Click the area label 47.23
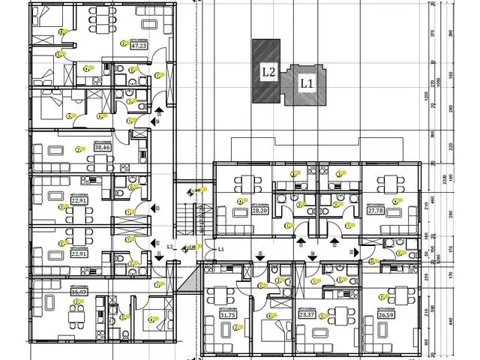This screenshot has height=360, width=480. (x=139, y=45)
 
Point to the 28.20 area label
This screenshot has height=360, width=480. (x=259, y=211)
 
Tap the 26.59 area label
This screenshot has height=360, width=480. (x=387, y=315)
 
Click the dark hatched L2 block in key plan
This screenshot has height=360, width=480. (x=265, y=71)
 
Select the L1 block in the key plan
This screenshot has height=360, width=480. (x=305, y=84)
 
